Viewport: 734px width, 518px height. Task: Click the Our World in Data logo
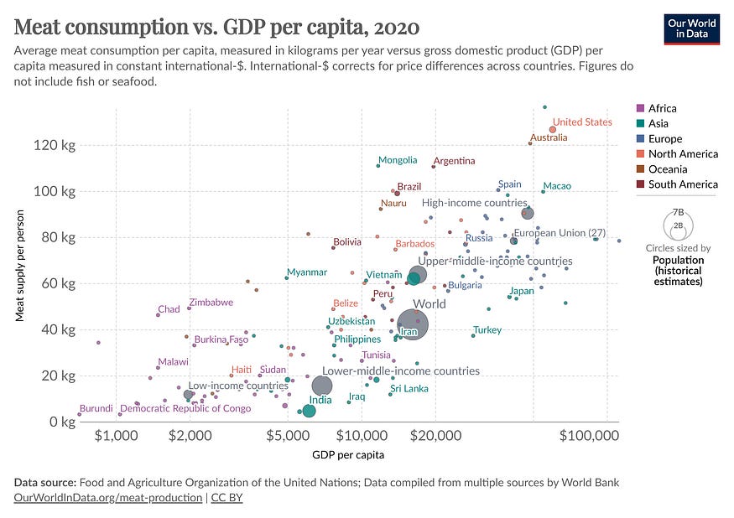coord(691,28)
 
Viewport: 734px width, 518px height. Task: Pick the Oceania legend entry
coord(664,168)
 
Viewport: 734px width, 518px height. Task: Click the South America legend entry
coord(677,184)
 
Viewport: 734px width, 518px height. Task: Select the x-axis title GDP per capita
coord(349,455)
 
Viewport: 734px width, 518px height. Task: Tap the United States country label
coord(582,122)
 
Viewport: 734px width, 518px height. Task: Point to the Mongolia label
coord(397,160)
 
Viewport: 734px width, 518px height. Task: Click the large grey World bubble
coord(412,324)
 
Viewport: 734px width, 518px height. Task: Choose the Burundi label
coord(96,408)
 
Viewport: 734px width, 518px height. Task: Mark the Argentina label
coord(454,161)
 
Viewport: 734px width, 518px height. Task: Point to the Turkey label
coord(487,330)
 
